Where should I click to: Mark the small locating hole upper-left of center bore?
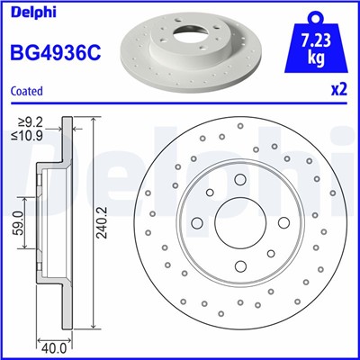[x=209, y=193]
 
